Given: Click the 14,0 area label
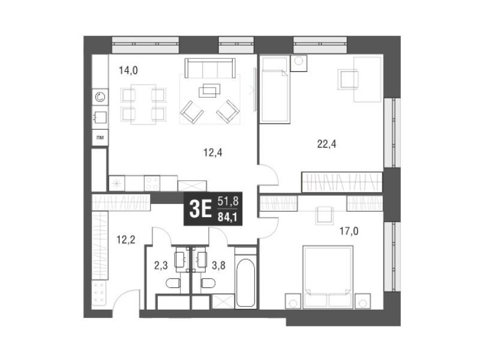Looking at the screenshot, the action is tap(128, 71).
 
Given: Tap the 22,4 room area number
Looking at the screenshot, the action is tap(326, 143).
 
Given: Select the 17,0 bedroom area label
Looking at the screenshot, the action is tap(349, 231).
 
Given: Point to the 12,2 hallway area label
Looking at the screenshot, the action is tap(125, 239).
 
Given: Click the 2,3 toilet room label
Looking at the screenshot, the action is tap(161, 265).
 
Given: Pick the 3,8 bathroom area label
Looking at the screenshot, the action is tap(218, 265).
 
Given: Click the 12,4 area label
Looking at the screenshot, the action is tap(213, 152).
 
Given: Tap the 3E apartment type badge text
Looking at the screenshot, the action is tap(200, 209).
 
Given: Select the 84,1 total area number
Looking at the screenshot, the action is tap(228, 217).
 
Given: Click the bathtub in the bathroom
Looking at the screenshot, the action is tap(245, 283).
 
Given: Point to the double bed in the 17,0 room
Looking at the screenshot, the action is tap(328, 277).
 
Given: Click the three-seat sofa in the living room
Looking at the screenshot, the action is tap(210, 68).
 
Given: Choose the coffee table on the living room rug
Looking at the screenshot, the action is tap(209, 91).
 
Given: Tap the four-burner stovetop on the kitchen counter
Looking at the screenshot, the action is tap(152, 183).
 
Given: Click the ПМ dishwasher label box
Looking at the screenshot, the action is tap(100, 137).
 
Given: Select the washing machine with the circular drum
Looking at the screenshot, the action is tap(100, 97).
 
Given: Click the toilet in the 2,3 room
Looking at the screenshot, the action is tap(173, 283).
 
